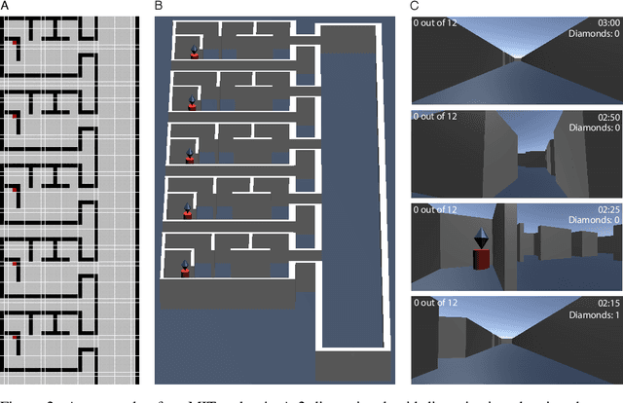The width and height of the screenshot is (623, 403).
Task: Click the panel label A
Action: point(5,6)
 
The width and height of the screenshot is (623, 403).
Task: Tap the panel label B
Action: point(159,6)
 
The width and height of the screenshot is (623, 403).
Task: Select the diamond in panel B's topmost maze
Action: point(194,48)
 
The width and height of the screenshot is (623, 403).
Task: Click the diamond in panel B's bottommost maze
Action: point(186,263)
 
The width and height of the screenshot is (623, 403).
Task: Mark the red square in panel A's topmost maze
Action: point(15,42)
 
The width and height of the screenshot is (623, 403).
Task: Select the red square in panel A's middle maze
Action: point(15,190)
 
